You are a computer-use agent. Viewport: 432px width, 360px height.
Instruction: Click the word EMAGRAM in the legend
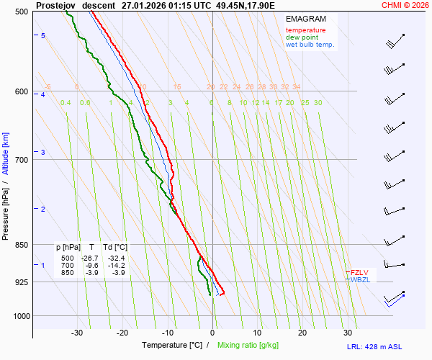point(305,18)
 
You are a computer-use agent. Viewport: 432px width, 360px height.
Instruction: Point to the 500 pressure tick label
point(21,12)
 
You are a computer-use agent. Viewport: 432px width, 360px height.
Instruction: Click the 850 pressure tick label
point(21,246)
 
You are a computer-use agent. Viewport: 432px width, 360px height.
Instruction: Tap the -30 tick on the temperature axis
point(77,333)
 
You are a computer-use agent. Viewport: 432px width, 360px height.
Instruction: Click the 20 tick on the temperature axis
point(302,333)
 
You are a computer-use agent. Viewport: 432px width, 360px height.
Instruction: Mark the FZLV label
point(359,272)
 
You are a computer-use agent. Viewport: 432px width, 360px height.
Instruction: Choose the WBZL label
point(359,279)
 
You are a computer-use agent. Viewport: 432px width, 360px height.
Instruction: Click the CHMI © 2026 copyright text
point(405,5)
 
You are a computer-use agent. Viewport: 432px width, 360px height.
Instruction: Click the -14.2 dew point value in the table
point(116,265)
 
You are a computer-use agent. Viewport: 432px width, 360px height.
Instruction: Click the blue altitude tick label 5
point(43,36)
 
